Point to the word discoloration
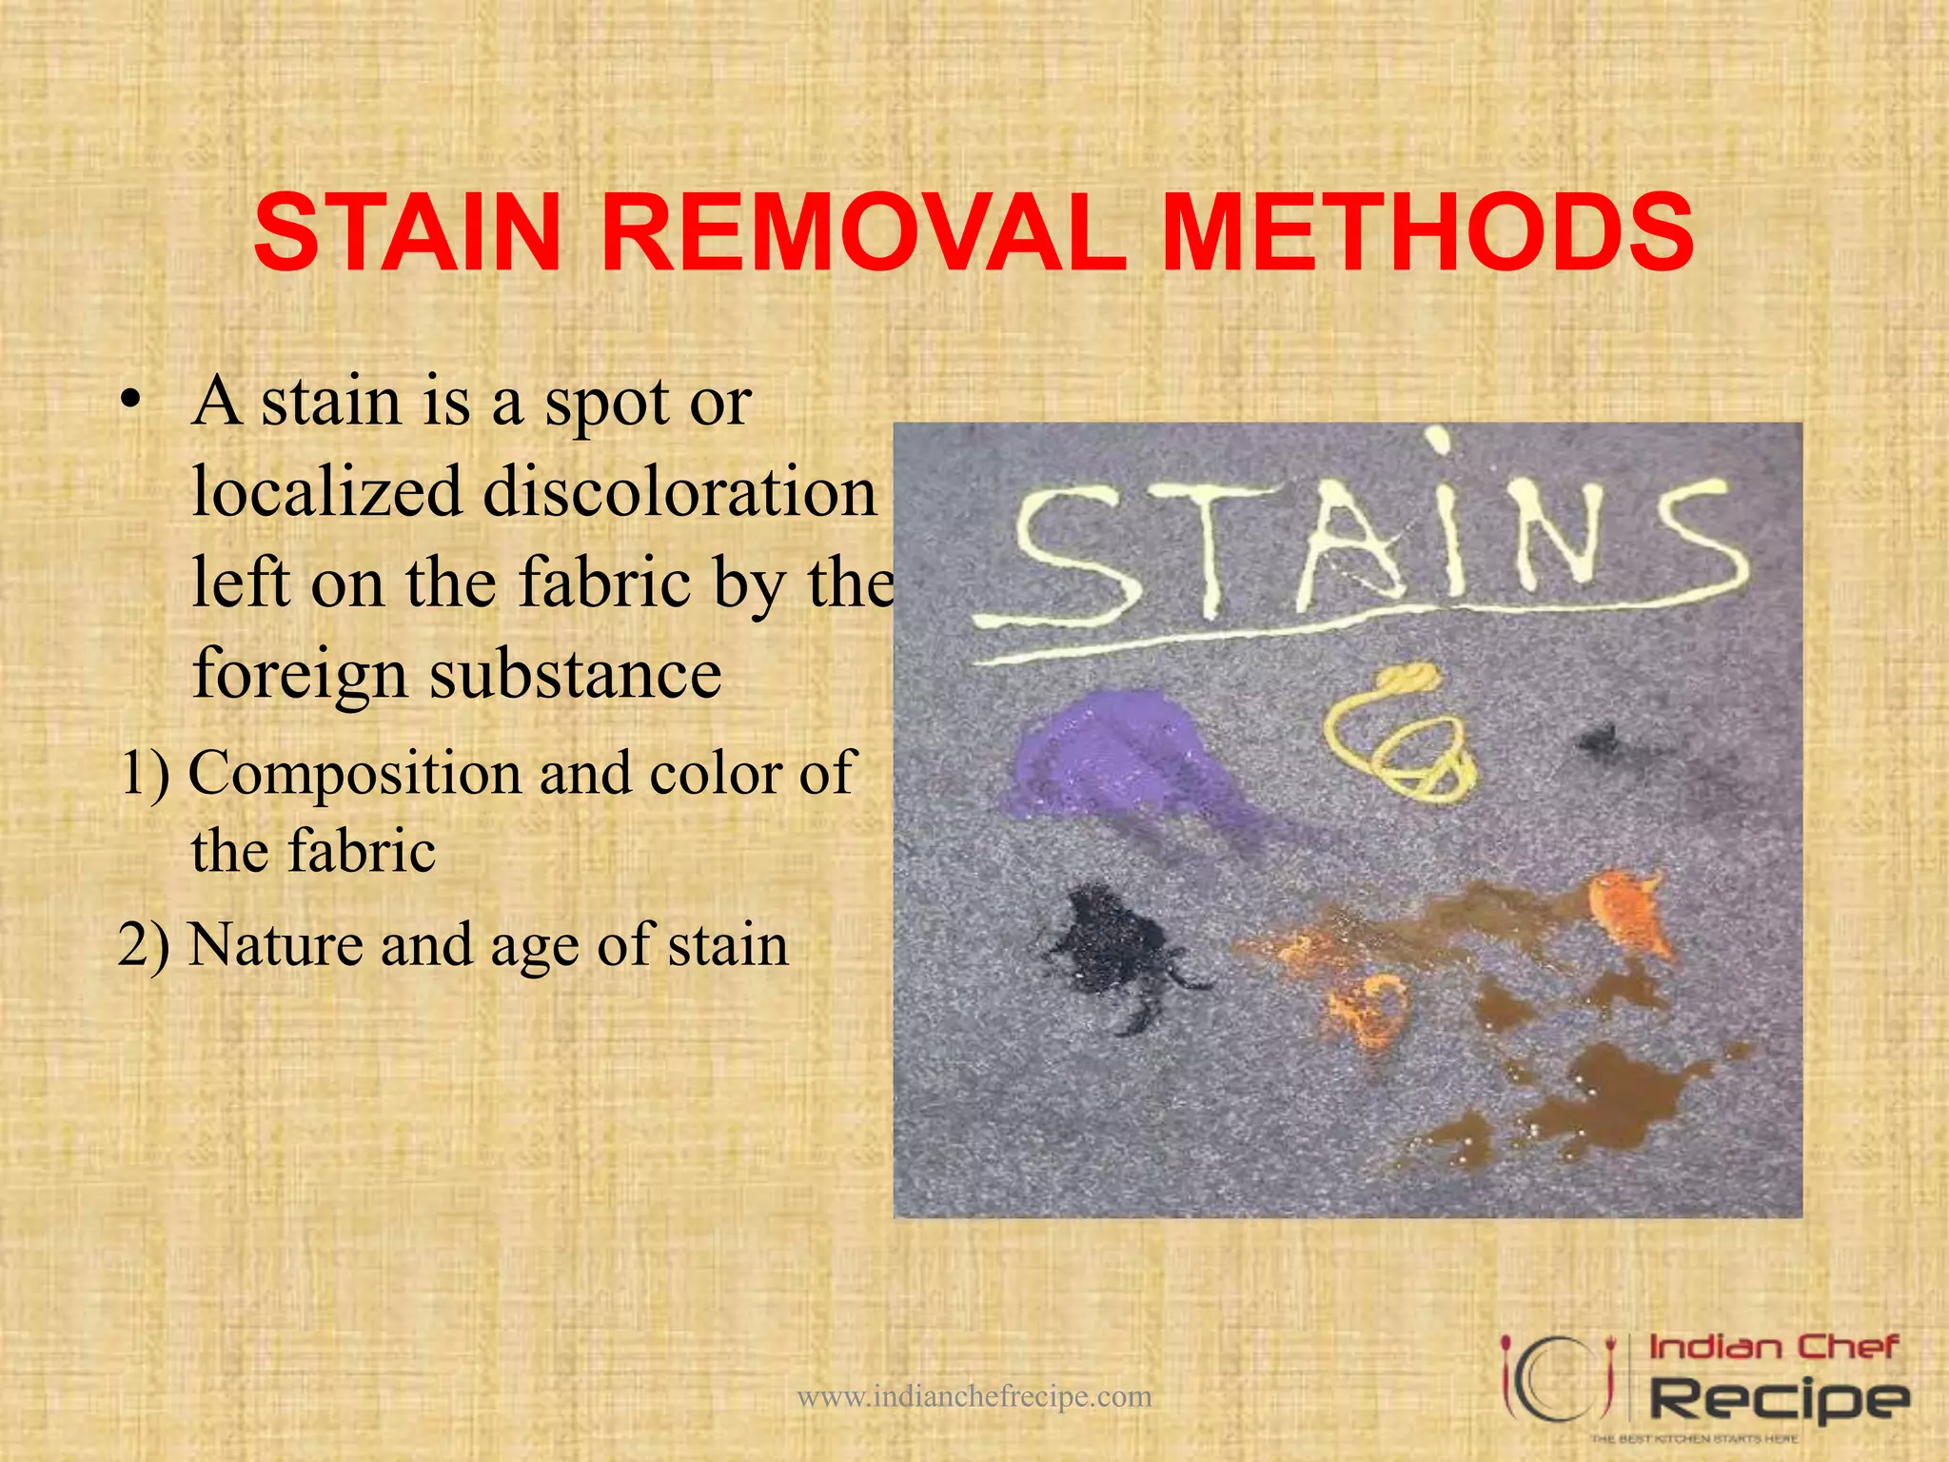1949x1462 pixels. coord(679,492)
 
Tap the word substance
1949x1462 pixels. coord(576,675)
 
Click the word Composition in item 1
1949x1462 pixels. coord(356,774)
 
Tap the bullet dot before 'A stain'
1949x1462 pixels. coord(131,403)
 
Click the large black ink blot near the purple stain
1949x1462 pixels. coord(1113,947)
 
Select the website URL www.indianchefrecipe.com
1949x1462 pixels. coord(974,1396)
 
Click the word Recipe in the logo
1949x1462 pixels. coord(1778,1399)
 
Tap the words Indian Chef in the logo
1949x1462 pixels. coord(1772,1348)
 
